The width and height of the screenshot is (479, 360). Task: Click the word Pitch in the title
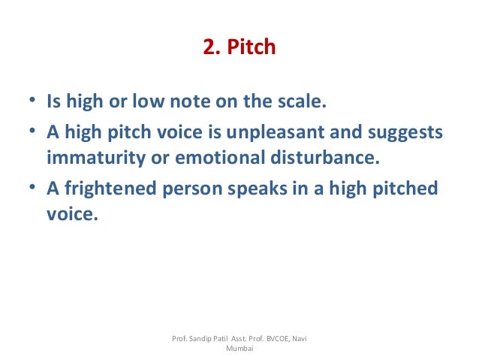coord(252,49)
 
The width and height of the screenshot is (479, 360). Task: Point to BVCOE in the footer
coord(276,340)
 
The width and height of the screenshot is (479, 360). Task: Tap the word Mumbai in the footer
coord(240,350)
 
